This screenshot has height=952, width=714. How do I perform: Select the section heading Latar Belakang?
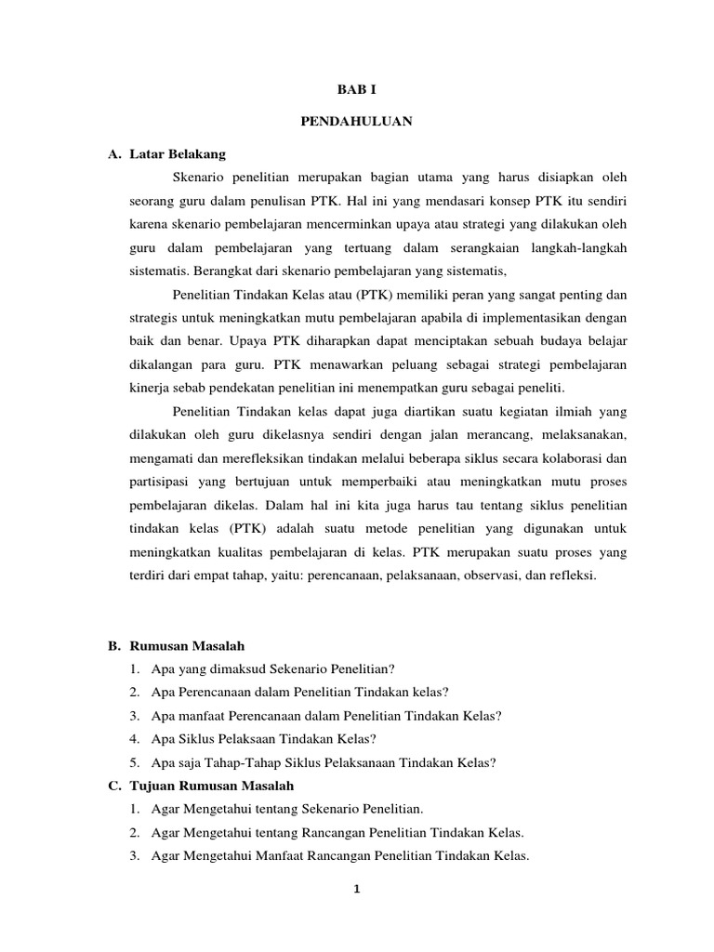coord(179,152)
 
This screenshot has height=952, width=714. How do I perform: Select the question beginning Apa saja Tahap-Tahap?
coord(324,762)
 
